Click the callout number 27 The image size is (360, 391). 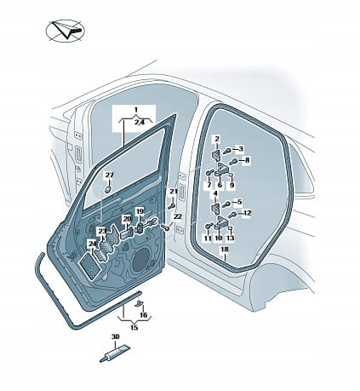click(x=110, y=175)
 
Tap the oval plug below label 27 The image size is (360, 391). click(x=109, y=189)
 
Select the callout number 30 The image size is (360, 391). click(x=115, y=336)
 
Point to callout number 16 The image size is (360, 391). click(x=144, y=314)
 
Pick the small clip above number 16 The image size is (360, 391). click(x=139, y=303)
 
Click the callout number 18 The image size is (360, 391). click(x=225, y=250)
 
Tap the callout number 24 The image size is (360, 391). click(x=92, y=244)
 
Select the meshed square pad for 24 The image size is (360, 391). click(x=89, y=262)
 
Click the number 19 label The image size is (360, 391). click(x=140, y=211)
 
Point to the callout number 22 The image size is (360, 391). click(x=177, y=216)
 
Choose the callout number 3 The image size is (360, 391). click(x=240, y=148)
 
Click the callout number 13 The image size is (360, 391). click(x=231, y=238)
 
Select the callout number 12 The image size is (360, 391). click(x=247, y=213)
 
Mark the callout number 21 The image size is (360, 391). click(x=174, y=192)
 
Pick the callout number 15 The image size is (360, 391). click(x=134, y=327)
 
